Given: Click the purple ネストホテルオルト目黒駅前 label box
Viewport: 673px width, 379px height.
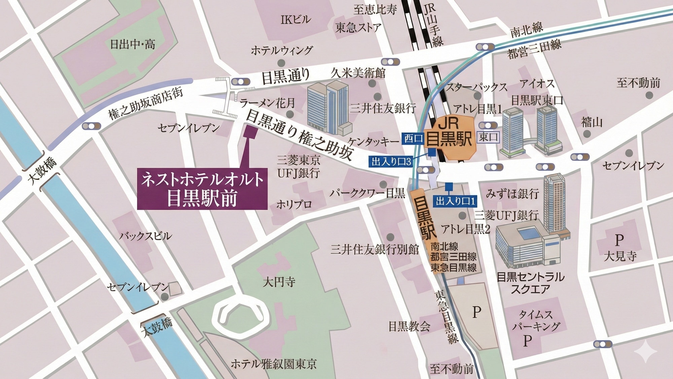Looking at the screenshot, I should [x=202, y=189].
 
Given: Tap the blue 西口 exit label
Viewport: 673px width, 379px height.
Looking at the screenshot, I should [x=413, y=138].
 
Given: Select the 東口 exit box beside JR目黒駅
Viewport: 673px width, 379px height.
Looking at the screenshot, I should [x=488, y=137].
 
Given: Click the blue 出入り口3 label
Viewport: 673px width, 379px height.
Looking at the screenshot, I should [x=391, y=162].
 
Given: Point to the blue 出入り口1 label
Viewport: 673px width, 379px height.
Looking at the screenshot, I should [x=455, y=201].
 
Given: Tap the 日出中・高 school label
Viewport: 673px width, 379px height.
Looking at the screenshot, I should [x=133, y=44].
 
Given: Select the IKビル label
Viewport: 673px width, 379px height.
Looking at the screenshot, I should [x=295, y=20].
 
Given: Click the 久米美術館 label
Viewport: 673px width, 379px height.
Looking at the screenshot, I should [x=358, y=72].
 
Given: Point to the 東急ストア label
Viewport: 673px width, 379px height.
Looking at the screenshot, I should [x=358, y=27].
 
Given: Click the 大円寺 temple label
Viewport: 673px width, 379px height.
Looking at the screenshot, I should [x=279, y=282].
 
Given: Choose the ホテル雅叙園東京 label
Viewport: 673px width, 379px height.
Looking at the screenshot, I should [x=274, y=364].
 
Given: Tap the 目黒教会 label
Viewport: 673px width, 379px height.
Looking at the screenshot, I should [x=409, y=326].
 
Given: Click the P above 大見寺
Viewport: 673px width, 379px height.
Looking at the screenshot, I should [x=619, y=240].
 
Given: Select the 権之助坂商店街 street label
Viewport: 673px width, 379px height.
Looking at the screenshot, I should [x=145, y=103].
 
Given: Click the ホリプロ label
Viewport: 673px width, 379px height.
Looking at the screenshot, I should [x=294, y=204].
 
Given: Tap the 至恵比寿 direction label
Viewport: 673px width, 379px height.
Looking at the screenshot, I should [x=375, y=9].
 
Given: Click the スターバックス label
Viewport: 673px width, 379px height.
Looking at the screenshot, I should [x=476, y=87].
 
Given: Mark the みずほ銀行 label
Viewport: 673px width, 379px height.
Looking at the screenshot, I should [x=512, y=194].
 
